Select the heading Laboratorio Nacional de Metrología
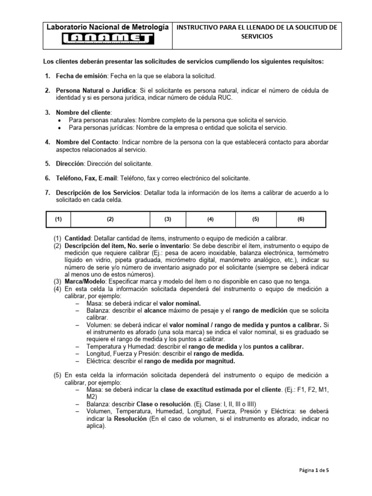click(108, 27)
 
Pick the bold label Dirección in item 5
click(70, 164)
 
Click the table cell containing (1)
click(59, 219)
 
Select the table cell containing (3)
click(168, 219)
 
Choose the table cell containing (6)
click(301, 219)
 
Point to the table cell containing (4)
click(211, 219)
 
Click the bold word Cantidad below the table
click(77, 238)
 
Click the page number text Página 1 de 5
click(314, 469)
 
